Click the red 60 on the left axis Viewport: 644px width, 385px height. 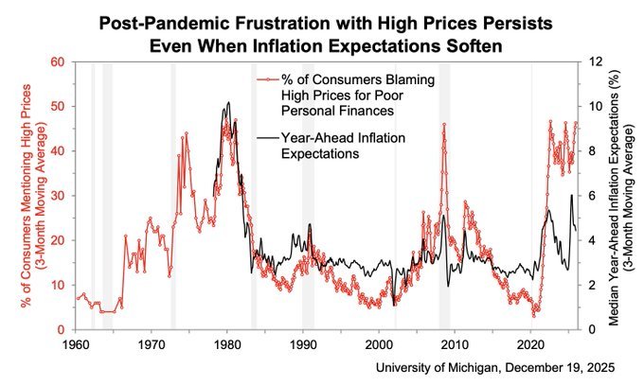click(x=60, y=61)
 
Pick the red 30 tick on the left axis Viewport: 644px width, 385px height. click(x=60, y=196)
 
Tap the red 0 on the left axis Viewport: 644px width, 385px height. click(x=63, y=329)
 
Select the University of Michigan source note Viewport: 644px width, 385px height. click(x=495, y=367)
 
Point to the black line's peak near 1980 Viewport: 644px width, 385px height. click(x=228, y=102)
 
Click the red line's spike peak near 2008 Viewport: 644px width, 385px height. click(x=443, y=124)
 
